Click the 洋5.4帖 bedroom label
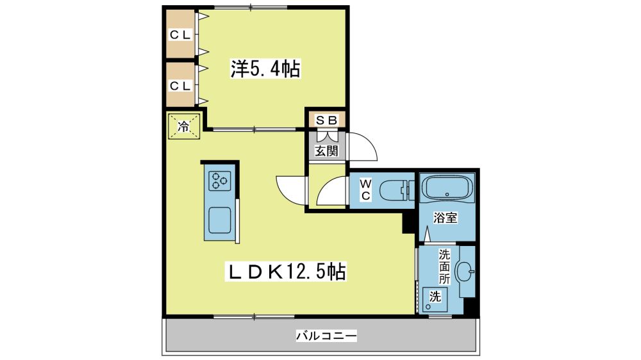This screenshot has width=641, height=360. [x=265, y=69]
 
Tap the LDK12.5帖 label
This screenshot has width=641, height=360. [x=286, y=272]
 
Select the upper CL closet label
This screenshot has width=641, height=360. [x=180, y=35]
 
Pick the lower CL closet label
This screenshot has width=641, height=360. [x=180, y=86]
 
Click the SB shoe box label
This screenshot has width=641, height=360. [x=327, y=120]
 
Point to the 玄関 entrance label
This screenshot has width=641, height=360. [x=327, y=151]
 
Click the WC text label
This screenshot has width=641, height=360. [x=365, y=190]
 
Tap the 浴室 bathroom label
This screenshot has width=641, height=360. [x=445, y=218]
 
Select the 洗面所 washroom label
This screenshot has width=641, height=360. [x=444, y=266]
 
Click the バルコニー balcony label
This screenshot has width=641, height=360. [x=327, y=336]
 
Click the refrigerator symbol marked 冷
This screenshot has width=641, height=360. [x=184, y=126]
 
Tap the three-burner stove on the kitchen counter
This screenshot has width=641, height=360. [x=219, y=181]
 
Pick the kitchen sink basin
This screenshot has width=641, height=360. [x=219, y=220]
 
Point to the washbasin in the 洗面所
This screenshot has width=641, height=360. [x=465, y=271]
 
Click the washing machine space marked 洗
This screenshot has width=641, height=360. [x=435, y=300]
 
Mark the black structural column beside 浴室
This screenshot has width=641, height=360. [x=409, y=221]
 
